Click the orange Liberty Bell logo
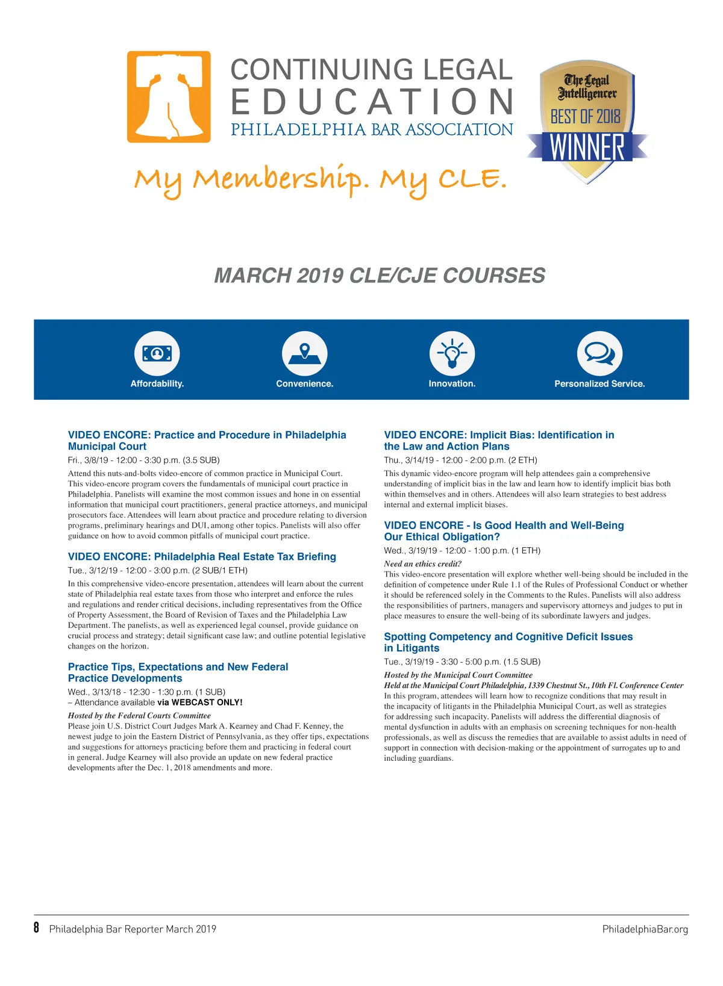click(x=169, y=97)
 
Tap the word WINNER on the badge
click(x=587, y=147)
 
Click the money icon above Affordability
click(x=157, y=353)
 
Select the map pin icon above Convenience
click(x=304, y=353)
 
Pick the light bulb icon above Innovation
click(x=452, y=353)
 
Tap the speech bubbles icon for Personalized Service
click(x=599, y=353)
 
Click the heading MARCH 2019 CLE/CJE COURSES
click(x=380, y=276)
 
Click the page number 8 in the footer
click(x=37, y=928)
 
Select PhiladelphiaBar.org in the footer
click(x=645, y=929)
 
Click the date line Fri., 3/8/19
click(x=143, y=460)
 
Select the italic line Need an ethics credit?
click(x=422, y=564)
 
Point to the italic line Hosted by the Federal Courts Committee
click(x=139, y=716)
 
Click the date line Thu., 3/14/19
click(x=460, y=460)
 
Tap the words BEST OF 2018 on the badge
click(x=585, y=116)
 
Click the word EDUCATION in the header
click(x=372, y=102)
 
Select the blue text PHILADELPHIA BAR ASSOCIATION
click(x=372, y=130)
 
